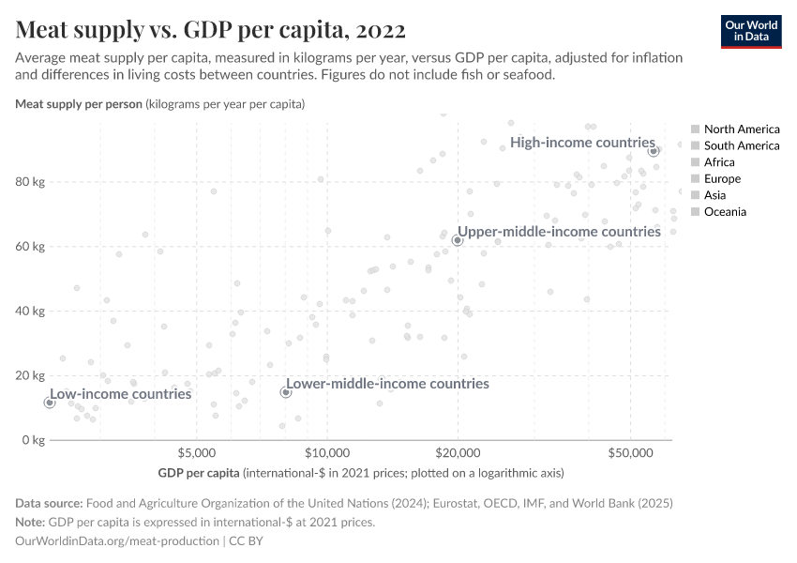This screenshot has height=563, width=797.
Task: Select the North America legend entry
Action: (x=741, y=129)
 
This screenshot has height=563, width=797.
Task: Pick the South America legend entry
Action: (x=741, y=145)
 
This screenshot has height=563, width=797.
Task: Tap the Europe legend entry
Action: (x=722, y=178)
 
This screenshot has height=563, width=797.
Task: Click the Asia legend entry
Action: (x=715, y=195)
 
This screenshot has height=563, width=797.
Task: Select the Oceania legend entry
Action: (x=725, y=212)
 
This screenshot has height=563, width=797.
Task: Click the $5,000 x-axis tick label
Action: (x=195, y=454)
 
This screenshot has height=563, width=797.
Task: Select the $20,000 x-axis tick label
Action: (x=457, y=454)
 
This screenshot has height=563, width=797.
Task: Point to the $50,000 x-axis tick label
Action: (x=630, y=454)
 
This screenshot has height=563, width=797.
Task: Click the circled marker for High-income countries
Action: (x=654, y=150)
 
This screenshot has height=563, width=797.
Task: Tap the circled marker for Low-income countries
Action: (x=50, y=403)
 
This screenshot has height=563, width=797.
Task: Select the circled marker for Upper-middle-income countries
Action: (x=458, y=240)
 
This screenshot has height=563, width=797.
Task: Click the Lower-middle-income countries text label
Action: (x=387, y=384)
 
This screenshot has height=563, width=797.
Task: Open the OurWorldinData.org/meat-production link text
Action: (x=118, y=541)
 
